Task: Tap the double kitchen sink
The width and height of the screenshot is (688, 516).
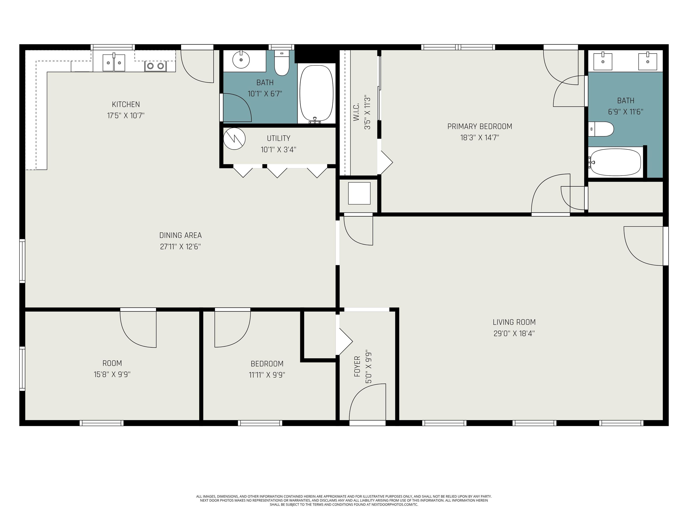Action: (x=114, y=62)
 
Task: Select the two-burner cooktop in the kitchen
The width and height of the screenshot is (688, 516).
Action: (x=155, y=66)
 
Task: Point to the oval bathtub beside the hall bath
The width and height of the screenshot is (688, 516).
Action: (x=316, y=93)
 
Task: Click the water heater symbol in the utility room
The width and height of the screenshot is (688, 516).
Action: (x=234, y=138)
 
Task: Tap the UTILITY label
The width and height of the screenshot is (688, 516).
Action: (x=278, y=138)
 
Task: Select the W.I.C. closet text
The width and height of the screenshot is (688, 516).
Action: (x=357, y=112)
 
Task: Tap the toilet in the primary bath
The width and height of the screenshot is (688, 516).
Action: (x=601, y=129)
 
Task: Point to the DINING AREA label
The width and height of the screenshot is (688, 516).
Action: (x=180, y=235)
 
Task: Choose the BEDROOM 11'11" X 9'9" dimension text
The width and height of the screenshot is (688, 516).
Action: (x=267, y=375)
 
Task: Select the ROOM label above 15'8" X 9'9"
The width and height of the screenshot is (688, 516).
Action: (x=112, y=363)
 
